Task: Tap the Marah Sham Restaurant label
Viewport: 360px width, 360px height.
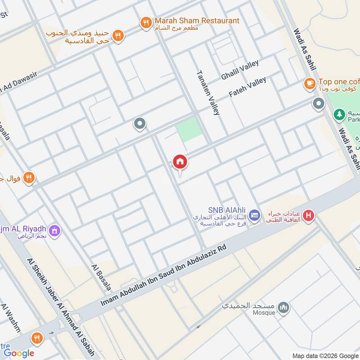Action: [197, 21]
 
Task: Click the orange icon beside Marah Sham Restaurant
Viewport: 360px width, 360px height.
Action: [146, 23]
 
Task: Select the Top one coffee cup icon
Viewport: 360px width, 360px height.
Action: [309, 83]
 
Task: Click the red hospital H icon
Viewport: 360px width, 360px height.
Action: [308, 216]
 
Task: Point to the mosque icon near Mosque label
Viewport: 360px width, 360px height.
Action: [283, 308]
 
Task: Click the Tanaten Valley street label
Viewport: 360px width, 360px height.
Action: [207, 93]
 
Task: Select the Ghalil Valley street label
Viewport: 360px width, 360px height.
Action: [240, 71]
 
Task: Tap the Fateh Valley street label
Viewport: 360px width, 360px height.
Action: [247, 87]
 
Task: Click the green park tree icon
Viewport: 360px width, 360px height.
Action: [339, 115]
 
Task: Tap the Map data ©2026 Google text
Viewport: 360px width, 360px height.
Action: [324, 355]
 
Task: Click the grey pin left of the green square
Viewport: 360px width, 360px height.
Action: [140, 123]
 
